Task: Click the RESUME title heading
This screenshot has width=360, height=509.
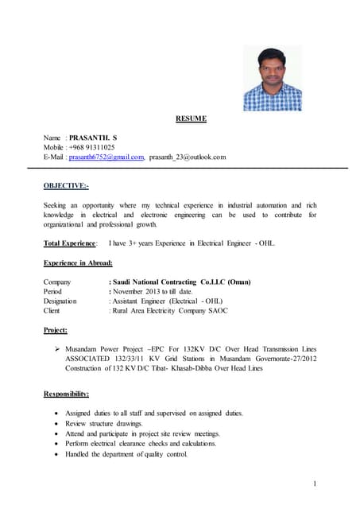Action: click(191, 119)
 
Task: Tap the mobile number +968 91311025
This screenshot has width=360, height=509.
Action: click(91, 147)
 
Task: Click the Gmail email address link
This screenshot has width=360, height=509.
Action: click(106, 157)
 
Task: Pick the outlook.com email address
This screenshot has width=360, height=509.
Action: click(188, 157)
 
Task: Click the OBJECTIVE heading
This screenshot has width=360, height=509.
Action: click(66, 186)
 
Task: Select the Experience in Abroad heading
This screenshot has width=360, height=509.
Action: click(78, 262)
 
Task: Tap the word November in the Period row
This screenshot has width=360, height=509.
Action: click(130, 291)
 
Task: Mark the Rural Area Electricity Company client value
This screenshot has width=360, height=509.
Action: click(170, 310)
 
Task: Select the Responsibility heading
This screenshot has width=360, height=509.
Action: click(66, 394)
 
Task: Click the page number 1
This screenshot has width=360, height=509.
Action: click(315, 484)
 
